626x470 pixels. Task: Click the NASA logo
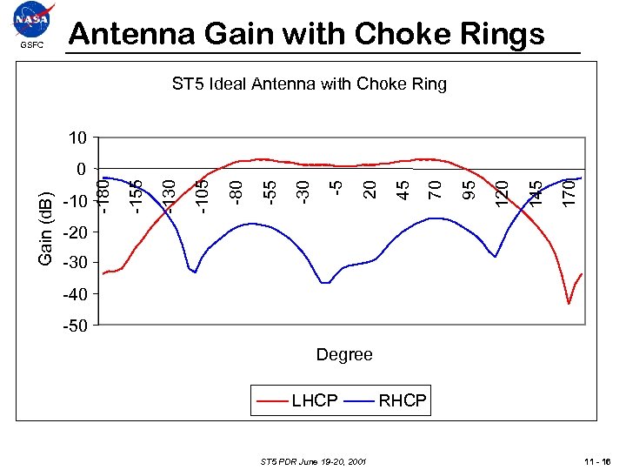click(x=34, y=19)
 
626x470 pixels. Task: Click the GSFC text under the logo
click(x=32, y=44)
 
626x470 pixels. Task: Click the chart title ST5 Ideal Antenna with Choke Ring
click(x=309, y=84)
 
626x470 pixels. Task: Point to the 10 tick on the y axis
click(x=77, y=138)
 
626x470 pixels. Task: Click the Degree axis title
click(x=344, y=354)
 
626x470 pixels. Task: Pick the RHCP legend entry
click(x=403, y=400)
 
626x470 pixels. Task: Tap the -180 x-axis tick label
click(x=103, y=194)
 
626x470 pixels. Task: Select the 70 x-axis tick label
click(x=436, y=187)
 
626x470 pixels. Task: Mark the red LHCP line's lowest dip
click(x=569, y=303)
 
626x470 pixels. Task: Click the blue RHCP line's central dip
click(x=324, y=283)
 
